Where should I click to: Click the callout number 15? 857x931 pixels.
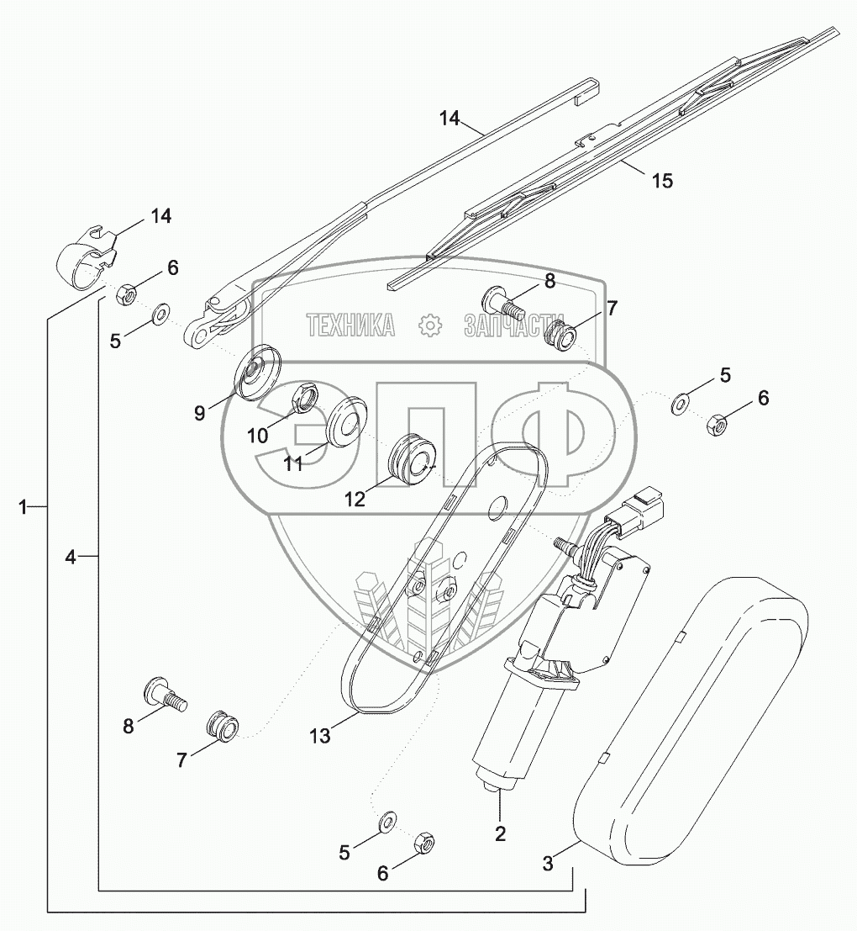(662, 181)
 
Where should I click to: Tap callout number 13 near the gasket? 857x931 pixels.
(319, 736)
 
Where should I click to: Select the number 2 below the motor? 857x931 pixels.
(500, 833)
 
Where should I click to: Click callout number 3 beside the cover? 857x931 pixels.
(548, 863)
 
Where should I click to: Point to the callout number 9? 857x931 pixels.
(200, 414)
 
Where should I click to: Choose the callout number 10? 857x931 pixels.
(257, 435)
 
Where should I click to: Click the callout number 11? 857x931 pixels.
(292, 463)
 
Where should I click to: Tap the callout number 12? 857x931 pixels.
(355, 499)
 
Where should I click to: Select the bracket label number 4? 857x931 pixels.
(71, 557)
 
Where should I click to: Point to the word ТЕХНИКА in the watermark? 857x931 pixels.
(350, 325)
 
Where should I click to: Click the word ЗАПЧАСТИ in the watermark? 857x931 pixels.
(513, 325)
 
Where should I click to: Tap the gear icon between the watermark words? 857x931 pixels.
(429, 325)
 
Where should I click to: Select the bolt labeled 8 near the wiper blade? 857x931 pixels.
(498, 299)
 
